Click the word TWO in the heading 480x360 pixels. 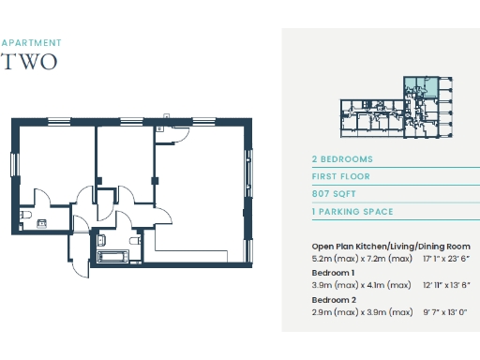tap(30, 62)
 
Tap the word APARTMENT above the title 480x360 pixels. tap(32, 43)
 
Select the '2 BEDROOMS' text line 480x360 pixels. tap(342, 159)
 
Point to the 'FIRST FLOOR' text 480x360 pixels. tap(341, 176)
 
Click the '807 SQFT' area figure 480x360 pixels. tap(335, 194)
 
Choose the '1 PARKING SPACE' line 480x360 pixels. tap(352, 212)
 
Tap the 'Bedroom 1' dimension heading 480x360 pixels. tap(333, 273)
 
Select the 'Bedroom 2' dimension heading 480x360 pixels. tap(333, 299)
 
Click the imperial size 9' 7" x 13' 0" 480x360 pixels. tap(444, 311)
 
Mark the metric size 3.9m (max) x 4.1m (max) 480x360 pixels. tap(361, 284)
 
